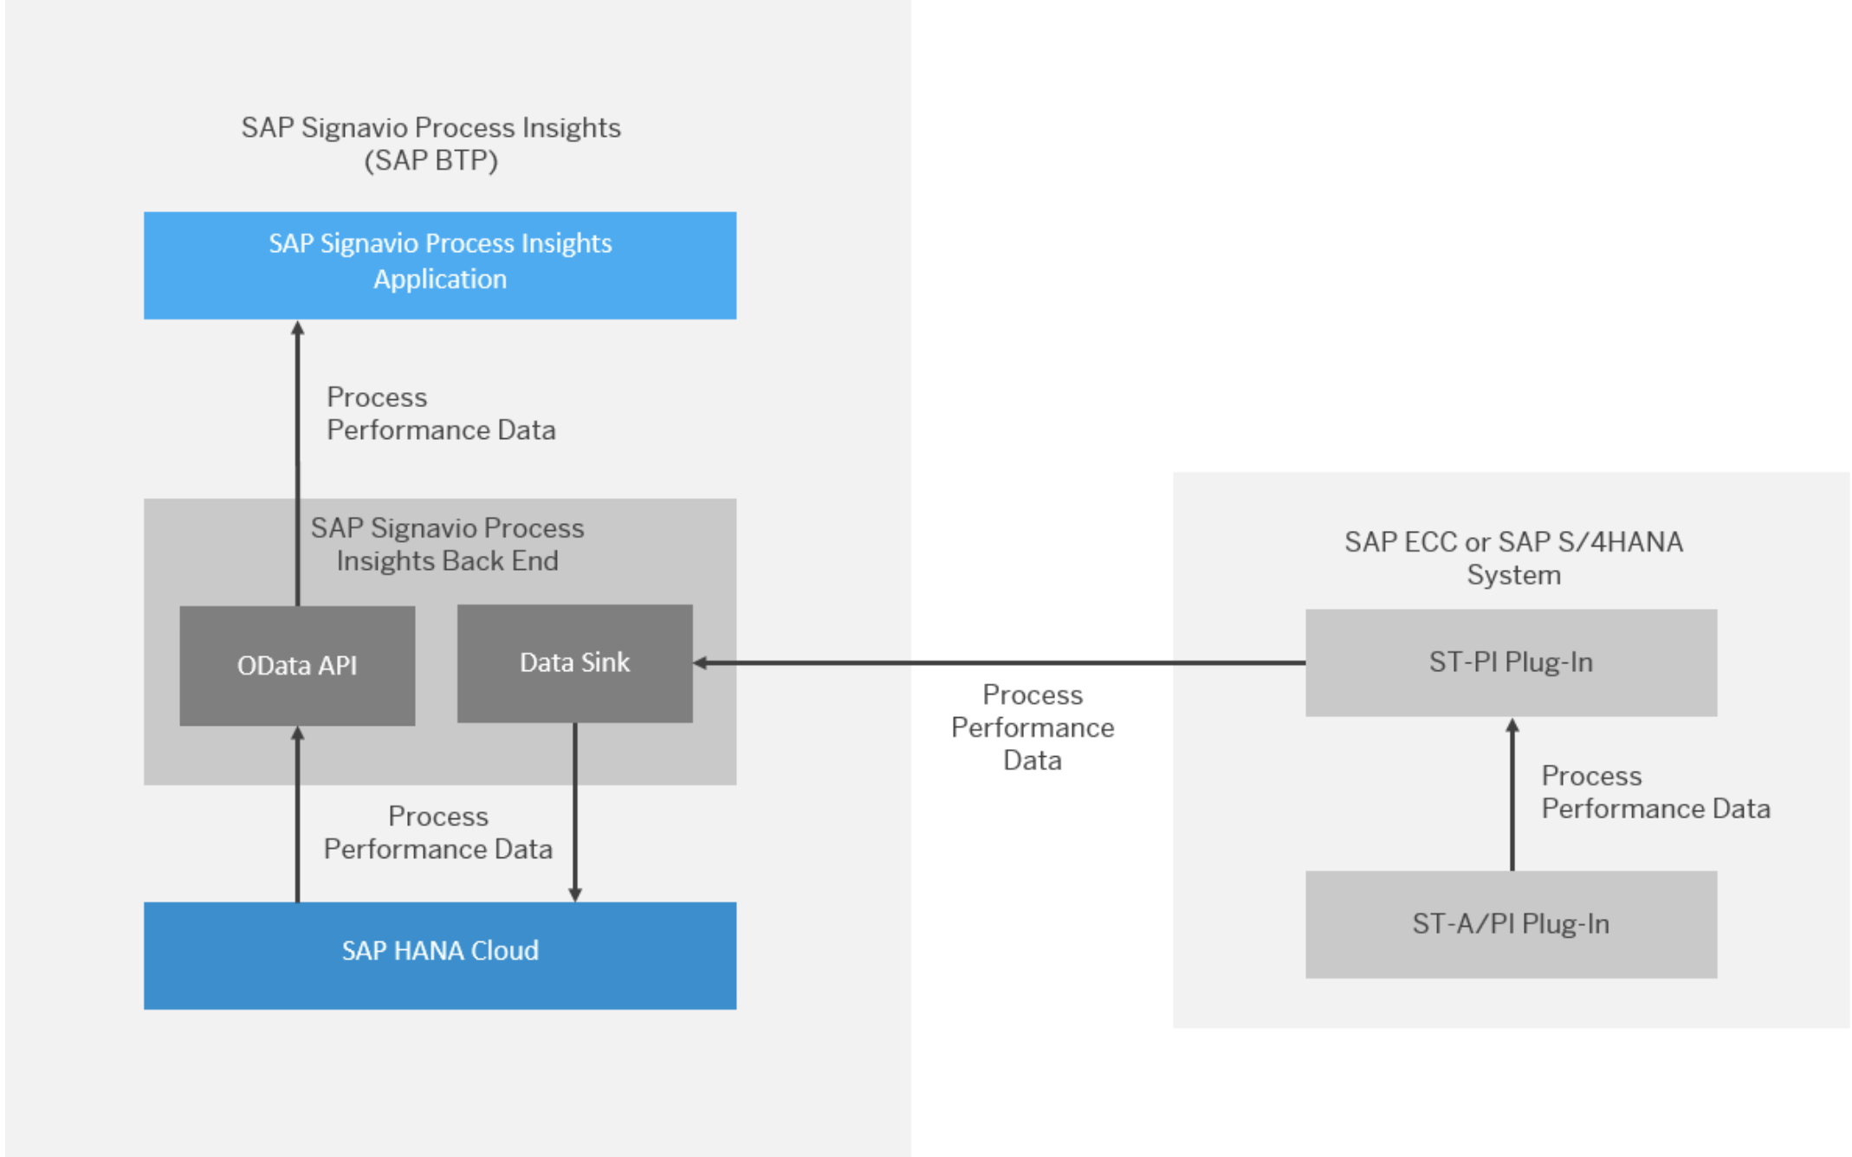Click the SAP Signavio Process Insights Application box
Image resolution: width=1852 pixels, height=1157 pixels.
[x=440, y=265]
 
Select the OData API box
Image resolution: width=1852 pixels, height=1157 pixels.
[x=297, y=665]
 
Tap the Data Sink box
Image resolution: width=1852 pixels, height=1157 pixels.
[x=574, y=663]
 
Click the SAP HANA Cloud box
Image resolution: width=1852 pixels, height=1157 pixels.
[x=440, y=955]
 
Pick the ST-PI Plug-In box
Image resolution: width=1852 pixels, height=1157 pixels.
[x=1511, y=663]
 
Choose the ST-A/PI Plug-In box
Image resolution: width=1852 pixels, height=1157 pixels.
[x=1511, y=924]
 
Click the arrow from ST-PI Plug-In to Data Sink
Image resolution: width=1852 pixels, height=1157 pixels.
[x=996, y=663]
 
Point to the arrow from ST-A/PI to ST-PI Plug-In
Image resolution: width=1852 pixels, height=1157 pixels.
[x=1512, y=797]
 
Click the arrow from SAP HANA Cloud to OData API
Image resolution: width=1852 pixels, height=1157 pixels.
[x=298, y=814]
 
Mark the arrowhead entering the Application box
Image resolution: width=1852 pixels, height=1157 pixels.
[x=298, y=329]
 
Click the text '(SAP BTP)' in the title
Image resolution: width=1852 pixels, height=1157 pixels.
[x=431, y=161]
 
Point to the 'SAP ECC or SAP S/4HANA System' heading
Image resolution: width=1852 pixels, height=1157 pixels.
[x=1513, y=558]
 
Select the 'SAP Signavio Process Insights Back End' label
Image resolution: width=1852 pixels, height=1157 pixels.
[x=447, y=544]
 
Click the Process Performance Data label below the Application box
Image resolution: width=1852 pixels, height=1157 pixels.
[x=440, y=414]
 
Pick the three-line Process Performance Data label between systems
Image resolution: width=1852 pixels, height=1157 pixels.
[x=1033, y=727]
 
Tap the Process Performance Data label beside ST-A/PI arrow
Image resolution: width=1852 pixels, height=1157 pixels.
[x=1654, y=792]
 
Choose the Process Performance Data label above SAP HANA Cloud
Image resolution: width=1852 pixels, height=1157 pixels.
[x=437, y=832]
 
